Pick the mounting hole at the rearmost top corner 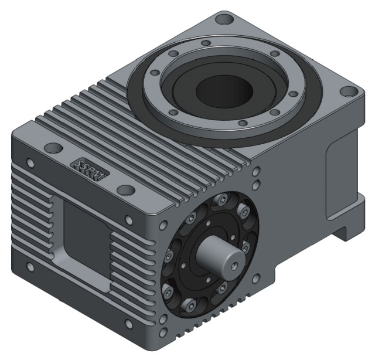click(x=223, y=20)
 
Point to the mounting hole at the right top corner click(x=350, y=92)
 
